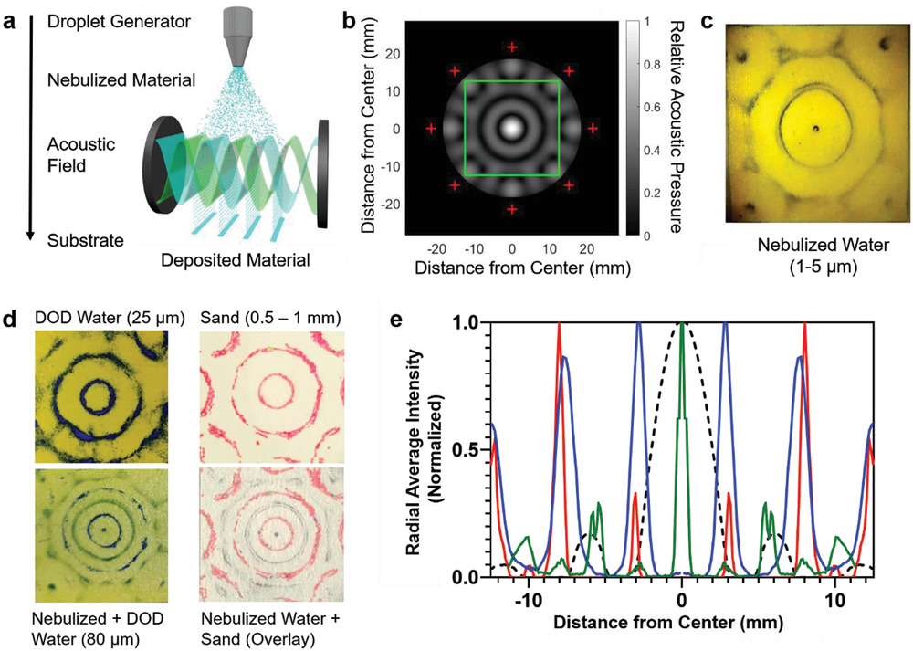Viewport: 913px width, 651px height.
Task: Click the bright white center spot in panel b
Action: (512, 129)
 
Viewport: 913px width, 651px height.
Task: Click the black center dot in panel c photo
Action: (817, 129)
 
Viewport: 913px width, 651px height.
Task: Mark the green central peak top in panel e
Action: (682, 325)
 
